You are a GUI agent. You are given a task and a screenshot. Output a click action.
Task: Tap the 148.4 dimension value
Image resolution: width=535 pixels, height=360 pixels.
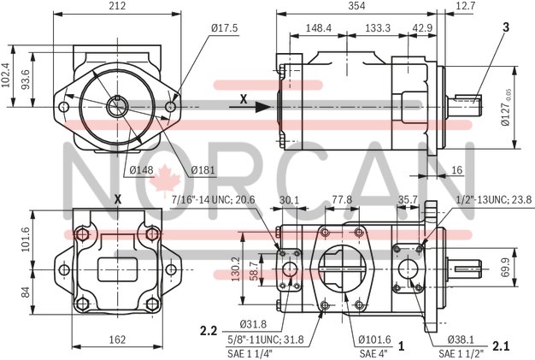317,28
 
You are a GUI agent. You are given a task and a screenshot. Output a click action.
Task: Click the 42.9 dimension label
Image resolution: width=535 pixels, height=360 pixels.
422,28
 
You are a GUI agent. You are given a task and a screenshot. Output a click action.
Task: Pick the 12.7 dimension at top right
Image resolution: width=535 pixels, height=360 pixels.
514,6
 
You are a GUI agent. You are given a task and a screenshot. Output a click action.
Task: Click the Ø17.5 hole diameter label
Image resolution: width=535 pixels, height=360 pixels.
225,28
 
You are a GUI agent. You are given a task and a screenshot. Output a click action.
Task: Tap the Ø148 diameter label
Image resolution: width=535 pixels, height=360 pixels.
141,169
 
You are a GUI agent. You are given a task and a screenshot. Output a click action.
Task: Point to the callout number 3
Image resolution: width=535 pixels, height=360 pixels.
506,27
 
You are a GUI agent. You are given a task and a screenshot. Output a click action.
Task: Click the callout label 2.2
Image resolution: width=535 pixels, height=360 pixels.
209,330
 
